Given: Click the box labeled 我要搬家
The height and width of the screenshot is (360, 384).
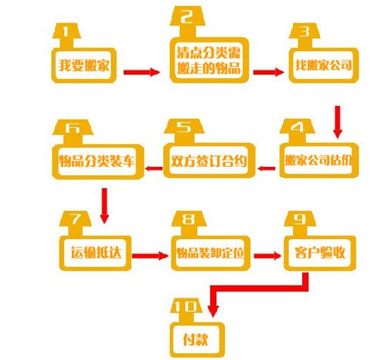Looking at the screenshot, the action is point(84,65).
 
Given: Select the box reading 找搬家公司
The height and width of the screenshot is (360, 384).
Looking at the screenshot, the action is point(324,65).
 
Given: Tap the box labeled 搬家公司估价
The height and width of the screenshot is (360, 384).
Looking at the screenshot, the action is point(319,161).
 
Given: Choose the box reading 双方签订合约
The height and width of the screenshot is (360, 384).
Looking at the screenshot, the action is point(209,161).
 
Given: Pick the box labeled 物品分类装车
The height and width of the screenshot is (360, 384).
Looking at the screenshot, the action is point(98,162).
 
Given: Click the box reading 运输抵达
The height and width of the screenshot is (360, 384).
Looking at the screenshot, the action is point(95,253).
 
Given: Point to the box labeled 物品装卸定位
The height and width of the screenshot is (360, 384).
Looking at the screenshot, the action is point(210,253).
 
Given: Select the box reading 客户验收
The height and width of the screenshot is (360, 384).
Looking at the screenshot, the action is point(320,253).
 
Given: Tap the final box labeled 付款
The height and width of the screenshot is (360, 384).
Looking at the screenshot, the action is point(197,340).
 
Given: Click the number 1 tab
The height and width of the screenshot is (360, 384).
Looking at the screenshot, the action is point(66,35).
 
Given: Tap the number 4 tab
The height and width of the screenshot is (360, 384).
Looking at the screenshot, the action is point(298,131).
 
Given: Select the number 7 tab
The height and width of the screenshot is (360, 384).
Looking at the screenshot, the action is point(75,223).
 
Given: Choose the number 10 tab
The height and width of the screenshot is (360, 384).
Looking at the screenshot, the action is point(186,310).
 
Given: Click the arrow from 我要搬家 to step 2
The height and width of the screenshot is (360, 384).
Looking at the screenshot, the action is point(142,72).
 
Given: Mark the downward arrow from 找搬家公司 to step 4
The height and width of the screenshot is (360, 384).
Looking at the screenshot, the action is point(337,122).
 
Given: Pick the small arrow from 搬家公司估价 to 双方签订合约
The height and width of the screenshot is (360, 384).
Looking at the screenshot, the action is point(266,168).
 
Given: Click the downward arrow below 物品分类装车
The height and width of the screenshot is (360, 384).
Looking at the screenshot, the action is point(104,206).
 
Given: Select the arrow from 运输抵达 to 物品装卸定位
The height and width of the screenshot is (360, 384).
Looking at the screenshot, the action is point(150,256).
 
